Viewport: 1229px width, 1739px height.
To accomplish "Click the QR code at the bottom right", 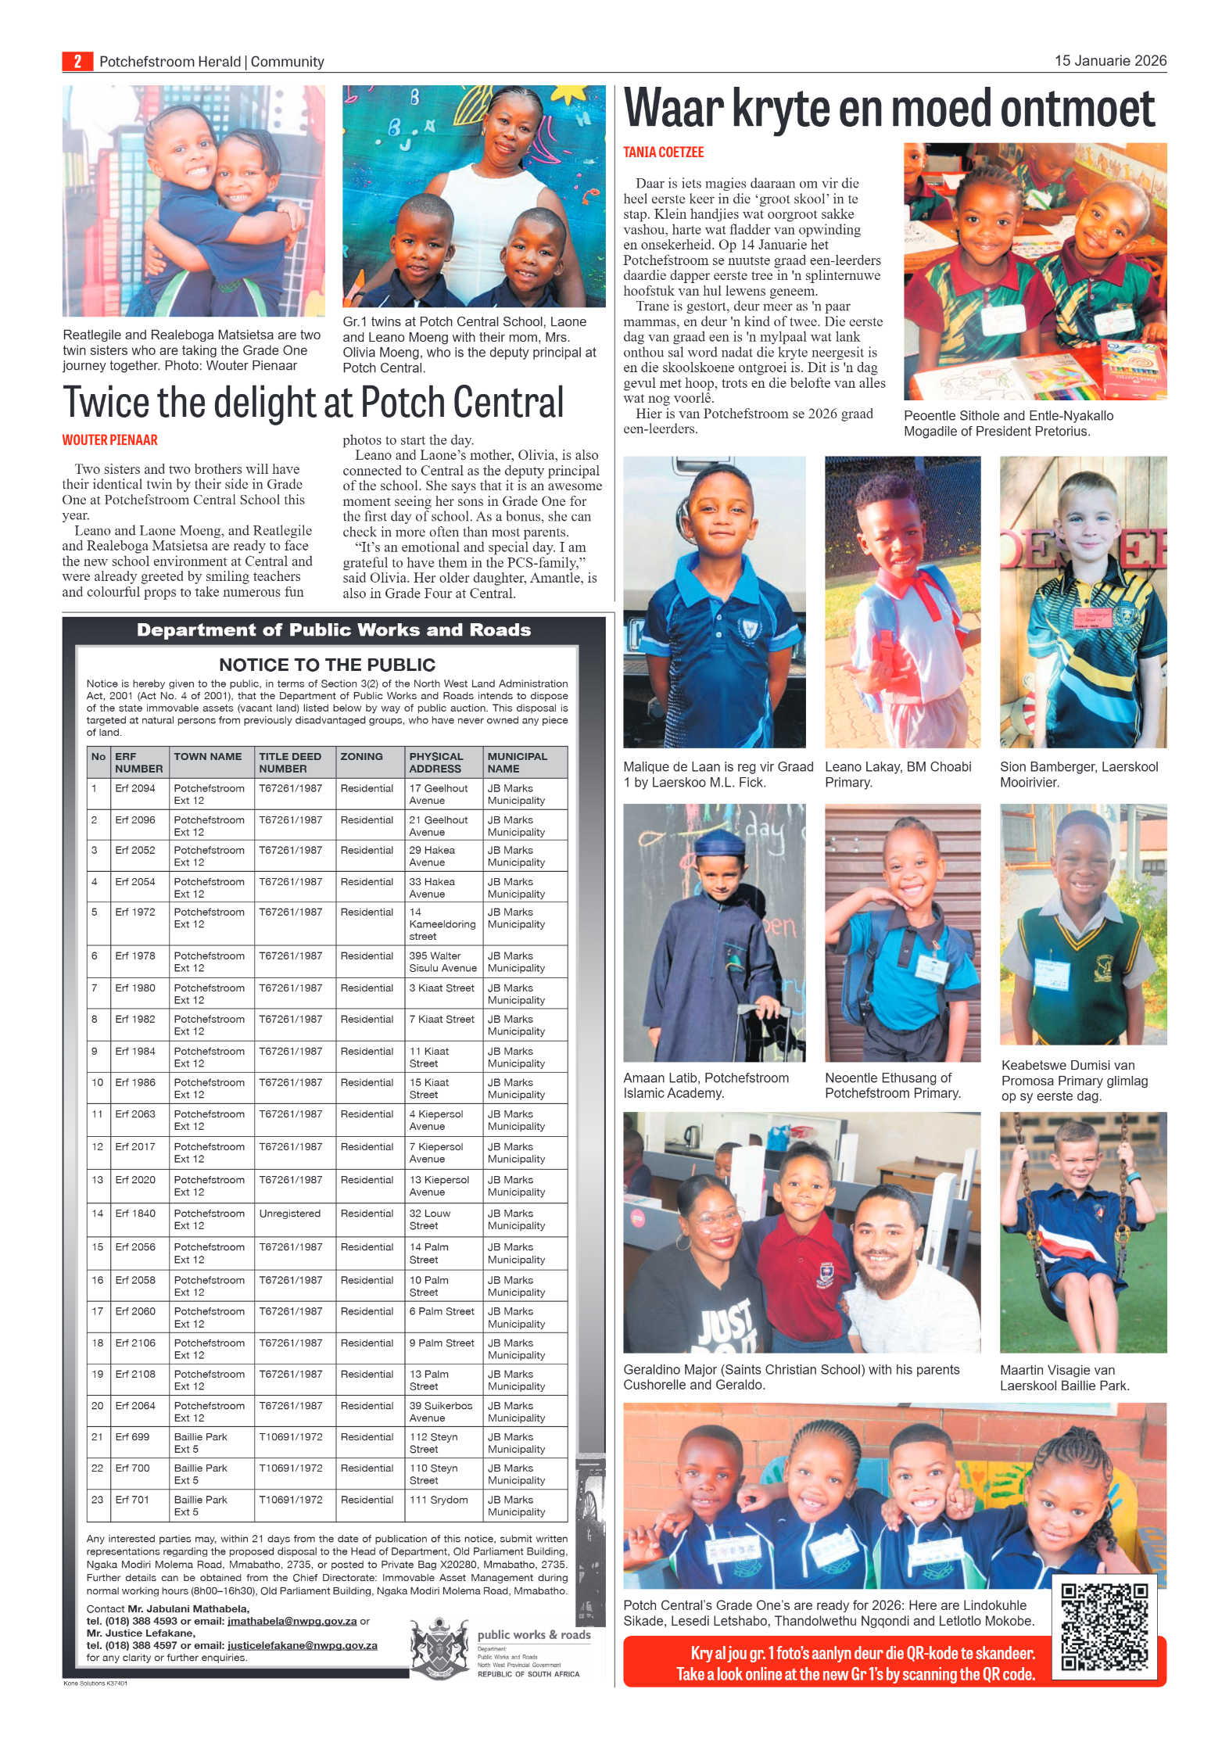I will (1104, 1626).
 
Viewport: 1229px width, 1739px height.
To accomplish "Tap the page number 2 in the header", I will (77, 61).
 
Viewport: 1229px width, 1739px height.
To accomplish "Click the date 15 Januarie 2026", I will (1109, 60).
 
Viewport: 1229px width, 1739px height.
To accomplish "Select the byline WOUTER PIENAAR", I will (110, 440).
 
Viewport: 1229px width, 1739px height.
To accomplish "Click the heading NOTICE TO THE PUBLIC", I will (327, 665).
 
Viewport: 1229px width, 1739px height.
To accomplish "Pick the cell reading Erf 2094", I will (135, 788).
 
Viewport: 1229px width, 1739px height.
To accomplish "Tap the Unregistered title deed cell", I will (290, 1214).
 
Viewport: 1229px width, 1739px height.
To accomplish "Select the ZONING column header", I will (361, 756).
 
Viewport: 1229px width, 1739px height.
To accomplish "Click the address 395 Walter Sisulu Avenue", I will (443, 962).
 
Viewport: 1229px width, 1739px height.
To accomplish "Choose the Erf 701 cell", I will (132, 1500).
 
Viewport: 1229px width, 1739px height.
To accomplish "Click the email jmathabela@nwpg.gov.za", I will (292, 1621).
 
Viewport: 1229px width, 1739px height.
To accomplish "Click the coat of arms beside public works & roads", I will (439, 1648).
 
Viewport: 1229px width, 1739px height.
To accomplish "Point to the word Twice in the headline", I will (106, 403).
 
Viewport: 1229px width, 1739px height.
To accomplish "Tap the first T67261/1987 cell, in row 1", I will (290, 788).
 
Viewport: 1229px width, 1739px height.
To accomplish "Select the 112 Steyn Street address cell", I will (434, 1443).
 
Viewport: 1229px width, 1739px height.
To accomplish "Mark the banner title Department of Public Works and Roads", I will (334, 630).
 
